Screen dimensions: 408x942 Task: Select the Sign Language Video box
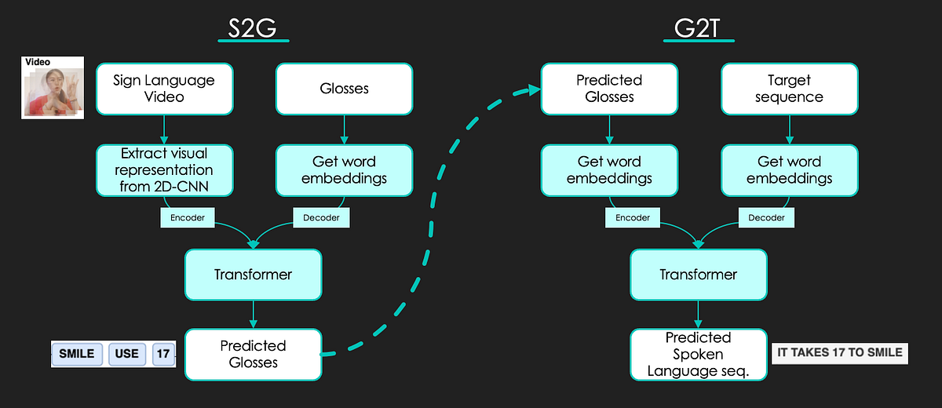coord(164,88)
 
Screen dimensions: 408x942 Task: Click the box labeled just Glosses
coord(344,88)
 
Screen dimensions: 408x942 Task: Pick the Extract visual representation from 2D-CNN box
coord(164,169)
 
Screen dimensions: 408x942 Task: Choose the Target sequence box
coord(788,88)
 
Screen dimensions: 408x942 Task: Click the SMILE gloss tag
coord(77,354)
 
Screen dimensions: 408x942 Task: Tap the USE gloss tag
coord(126,354)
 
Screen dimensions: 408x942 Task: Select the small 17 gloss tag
coord(162,354)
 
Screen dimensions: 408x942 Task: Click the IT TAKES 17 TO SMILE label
coord(839,353)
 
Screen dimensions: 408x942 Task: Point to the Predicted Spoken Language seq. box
coord(698,354)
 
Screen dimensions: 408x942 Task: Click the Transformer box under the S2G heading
coord(253,275)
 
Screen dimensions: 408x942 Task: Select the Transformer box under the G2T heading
coord(698,275)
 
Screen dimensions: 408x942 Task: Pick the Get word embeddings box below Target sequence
coord(788,169)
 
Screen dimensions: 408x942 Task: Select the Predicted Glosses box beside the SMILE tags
coord(253,354)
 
